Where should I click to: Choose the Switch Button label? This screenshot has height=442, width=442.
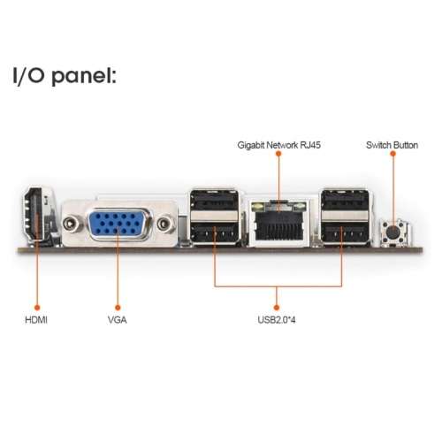[392, 144]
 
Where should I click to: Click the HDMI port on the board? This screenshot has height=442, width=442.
[37, 217]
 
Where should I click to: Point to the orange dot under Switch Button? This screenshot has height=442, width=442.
[392, 155]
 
